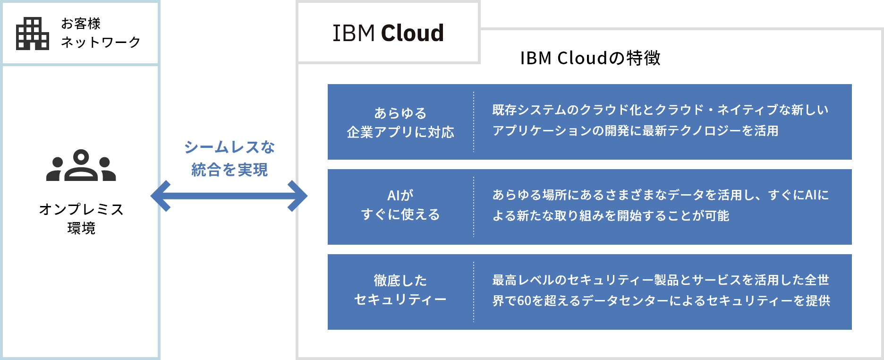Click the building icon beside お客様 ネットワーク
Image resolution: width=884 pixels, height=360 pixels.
pyautogui.click(x=32, y=34)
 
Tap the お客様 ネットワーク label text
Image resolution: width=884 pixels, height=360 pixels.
pyautogui.click(x=100, y=33)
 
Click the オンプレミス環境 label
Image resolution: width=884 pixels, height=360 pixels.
pyautogui.click(x=81, y=218)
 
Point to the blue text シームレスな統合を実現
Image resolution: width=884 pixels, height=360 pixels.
pyautogui.click(x=229, y=158)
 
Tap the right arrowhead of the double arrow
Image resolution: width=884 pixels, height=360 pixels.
pyautogui.click(x=298, y=196)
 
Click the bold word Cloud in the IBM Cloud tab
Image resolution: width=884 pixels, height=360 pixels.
pyautogui.click(x=412, y=33)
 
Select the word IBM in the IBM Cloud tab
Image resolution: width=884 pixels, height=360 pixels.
pyautogui.click(x=353, y=33)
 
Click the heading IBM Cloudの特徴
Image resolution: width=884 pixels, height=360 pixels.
pyautogui.click(x=590, y=58)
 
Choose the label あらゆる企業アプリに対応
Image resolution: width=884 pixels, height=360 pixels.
pyautogui.click(x=400, y=122)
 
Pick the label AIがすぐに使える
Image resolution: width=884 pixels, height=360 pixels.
pyautogui.click(x=400, y=205)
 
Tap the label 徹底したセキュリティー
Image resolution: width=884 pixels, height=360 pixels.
pyautogui.click(x=400, y=290)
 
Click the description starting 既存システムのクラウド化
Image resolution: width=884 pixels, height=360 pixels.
pyautogui.click(x=660, y=120)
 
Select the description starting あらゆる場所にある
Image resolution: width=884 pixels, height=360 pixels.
pyautogui.click(x=660, y=205)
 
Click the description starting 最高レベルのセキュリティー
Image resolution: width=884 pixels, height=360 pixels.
pyautogui.click(x=661, y=290)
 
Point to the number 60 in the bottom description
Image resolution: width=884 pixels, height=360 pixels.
pyautogui.click(x=524, y=301)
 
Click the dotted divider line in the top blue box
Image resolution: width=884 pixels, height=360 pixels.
pyautogui.click(x=474, y=122)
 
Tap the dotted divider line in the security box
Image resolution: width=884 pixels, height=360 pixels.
pyautogui.click(x=474, y=292)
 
